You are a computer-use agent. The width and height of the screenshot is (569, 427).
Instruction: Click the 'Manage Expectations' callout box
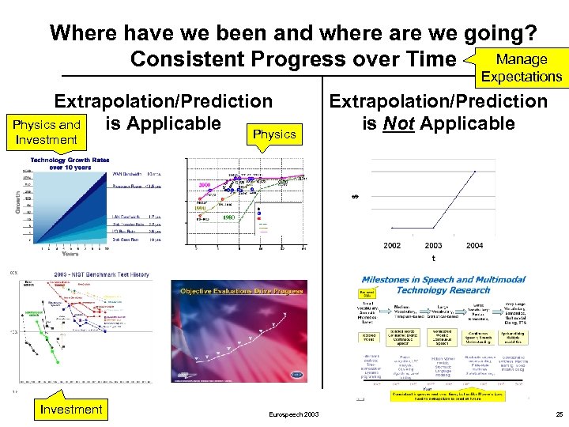tap(521, 67)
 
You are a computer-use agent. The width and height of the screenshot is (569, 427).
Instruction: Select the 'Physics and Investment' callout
tap(46, 132)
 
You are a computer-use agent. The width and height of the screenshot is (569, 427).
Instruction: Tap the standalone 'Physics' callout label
tap(274, 134)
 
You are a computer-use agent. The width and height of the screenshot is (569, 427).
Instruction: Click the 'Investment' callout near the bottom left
tap(71, 409)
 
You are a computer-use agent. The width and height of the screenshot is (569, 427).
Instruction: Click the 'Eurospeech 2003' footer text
tap(292, 414)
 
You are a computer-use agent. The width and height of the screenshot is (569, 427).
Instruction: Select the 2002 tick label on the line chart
tap(391, 246)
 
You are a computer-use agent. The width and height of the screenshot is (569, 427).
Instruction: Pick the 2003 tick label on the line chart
tap(433, 246)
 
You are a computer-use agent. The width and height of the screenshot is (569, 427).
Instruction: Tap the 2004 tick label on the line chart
tap(474, 246)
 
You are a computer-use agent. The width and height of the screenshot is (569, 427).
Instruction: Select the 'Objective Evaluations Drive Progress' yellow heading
tap(242, 291)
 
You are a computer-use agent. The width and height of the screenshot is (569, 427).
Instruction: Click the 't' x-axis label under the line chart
tap(433, 258)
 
